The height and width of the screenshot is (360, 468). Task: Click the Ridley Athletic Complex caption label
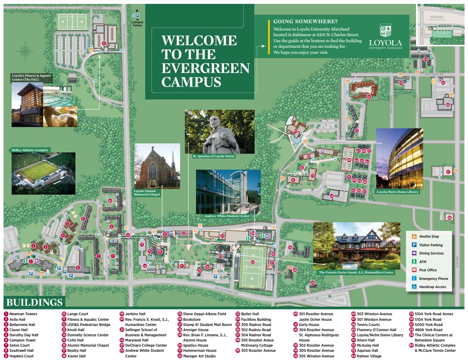tap(29, 150)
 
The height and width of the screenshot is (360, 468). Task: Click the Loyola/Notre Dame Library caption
tap(397, 192)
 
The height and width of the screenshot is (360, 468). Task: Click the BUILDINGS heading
tap(34, 302)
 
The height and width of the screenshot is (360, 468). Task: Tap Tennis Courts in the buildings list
tap(368, 325)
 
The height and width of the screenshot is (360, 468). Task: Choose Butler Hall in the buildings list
tap(250, 314)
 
